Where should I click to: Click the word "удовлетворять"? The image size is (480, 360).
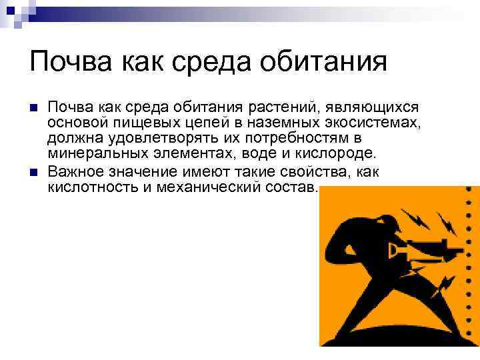(x=149, y=139)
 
